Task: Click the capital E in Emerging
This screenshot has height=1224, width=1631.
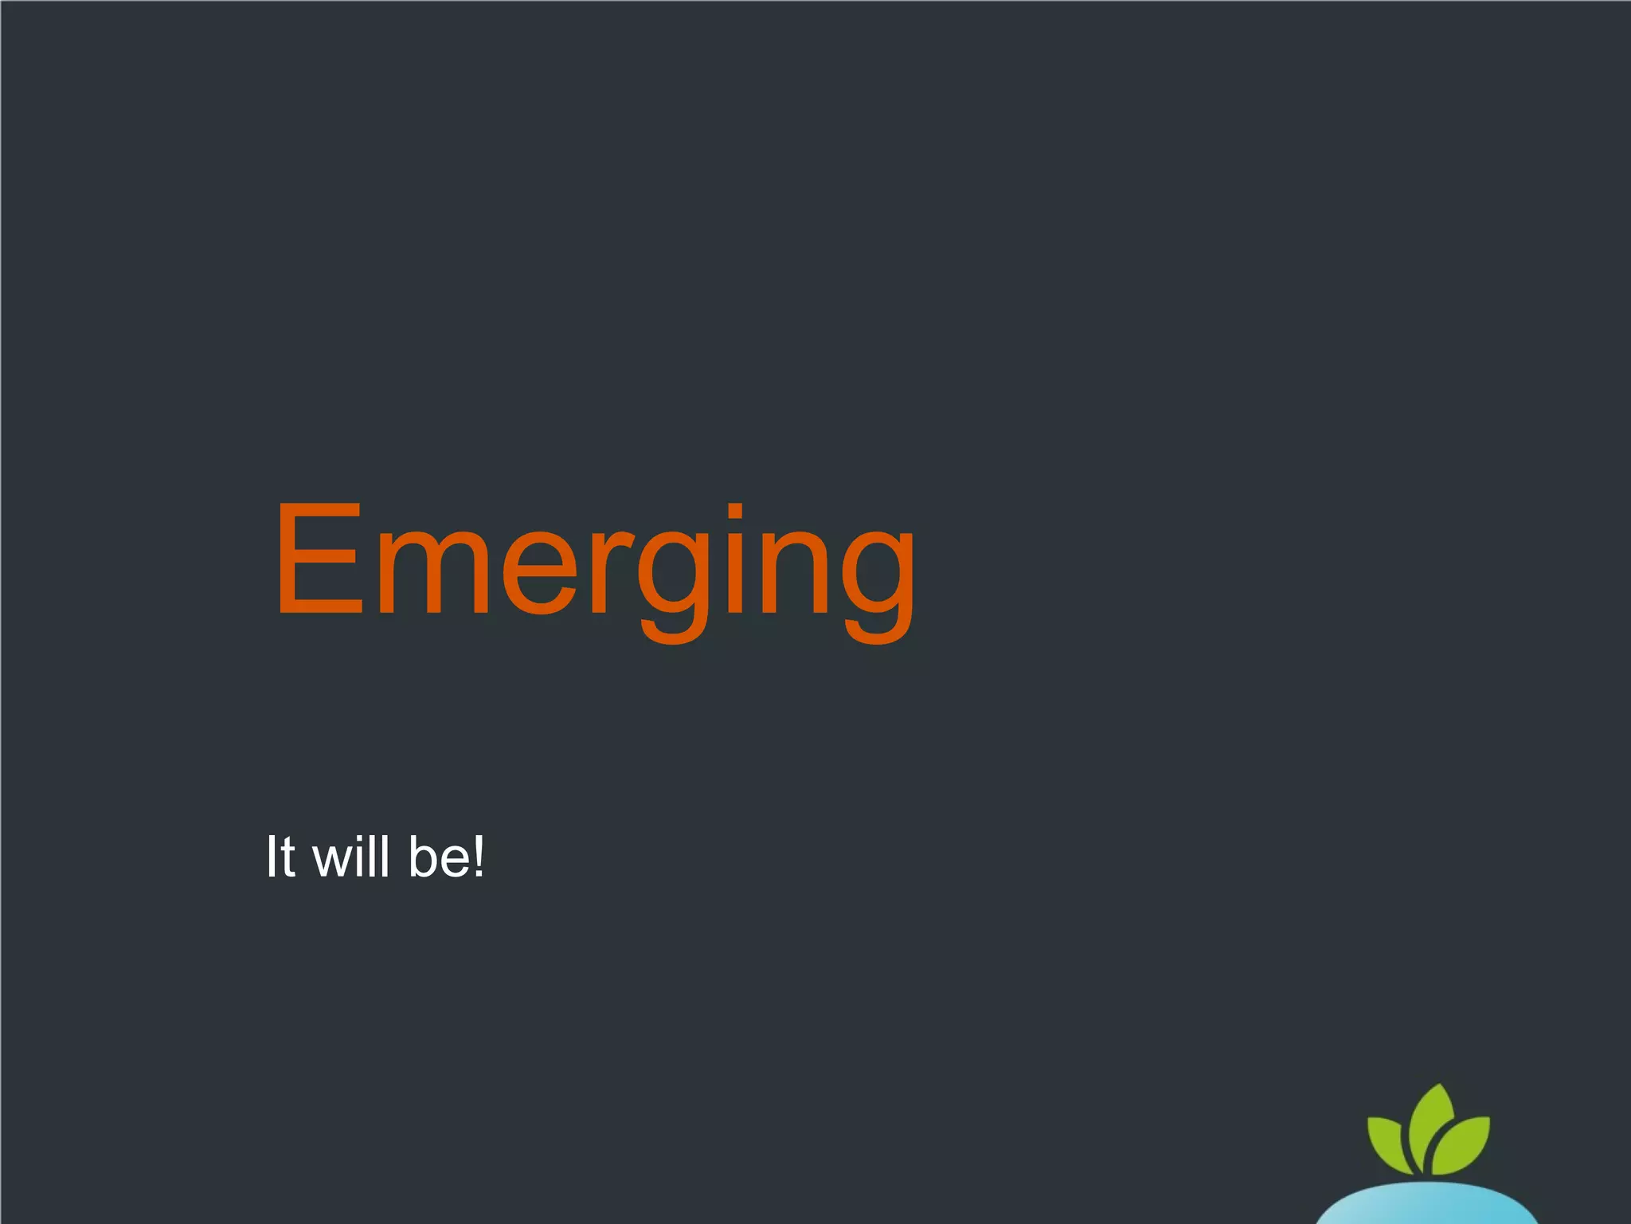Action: pyautogui.click(x=317, y=559)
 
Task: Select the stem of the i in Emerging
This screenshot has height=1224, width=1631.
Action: pyautogui.click(x=735, y=574)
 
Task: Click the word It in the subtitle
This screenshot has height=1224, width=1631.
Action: pyautogui.click(x=280, y=857)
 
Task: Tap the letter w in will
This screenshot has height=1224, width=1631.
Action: pyautogui.click(x=334, y=862)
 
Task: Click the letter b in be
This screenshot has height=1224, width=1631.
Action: pyautogui.click(x=423, y=857)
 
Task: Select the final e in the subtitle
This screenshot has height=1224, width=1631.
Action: pyautogui.click(x=458, y=862)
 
